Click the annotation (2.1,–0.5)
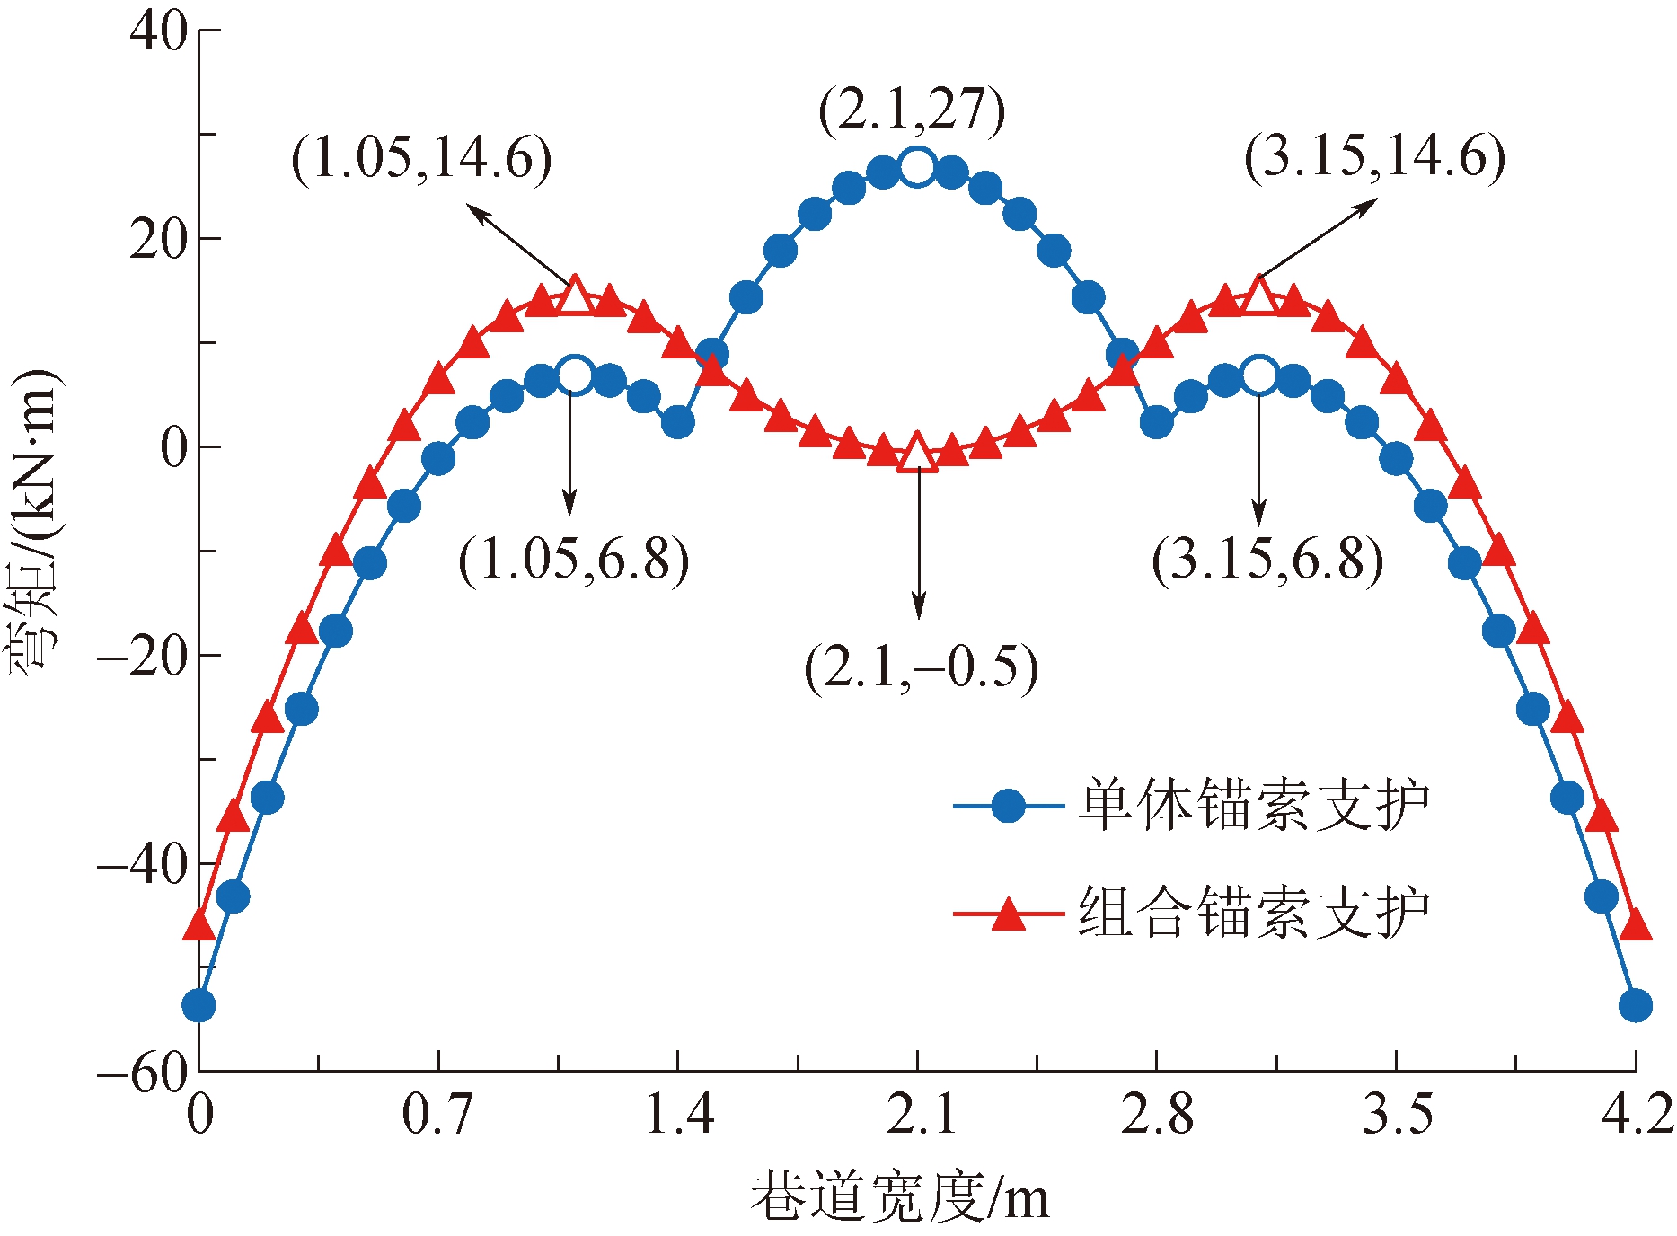point(921,668)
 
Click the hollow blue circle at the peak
point(917,166)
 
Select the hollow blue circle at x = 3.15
point(1259,375)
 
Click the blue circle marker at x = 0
point(199,1005)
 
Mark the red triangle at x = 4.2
point(1636,924)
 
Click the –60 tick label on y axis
point(144,1071)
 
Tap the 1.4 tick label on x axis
point(679,1115)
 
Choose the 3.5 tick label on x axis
point(1397,1115)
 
